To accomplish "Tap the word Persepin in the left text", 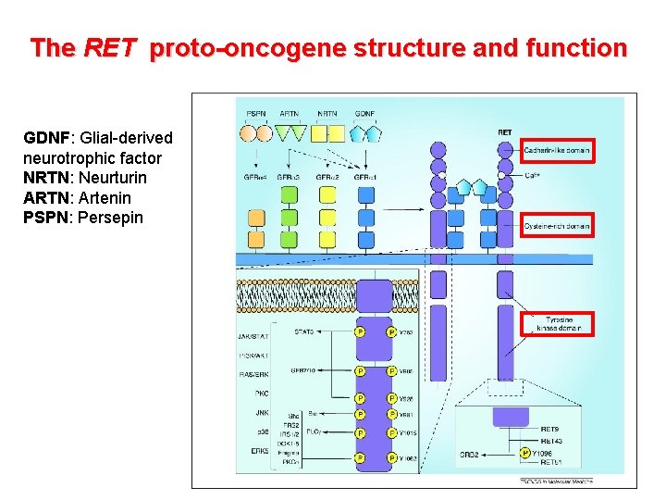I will [111, 218].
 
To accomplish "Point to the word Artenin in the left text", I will [105, 198].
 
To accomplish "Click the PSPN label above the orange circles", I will [256, 113].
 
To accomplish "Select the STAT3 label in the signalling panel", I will [303, 331].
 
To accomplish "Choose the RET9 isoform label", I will [549, 431].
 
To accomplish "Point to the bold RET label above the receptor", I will [504, 132].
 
